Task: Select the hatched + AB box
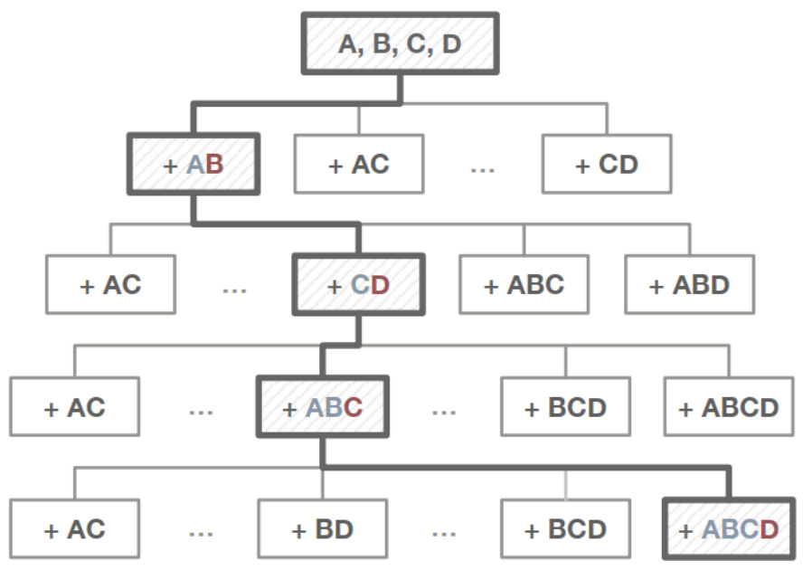[194, 164]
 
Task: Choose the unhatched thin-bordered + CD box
[606, 164]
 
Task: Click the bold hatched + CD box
[357, 284]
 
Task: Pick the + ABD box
[688, 284]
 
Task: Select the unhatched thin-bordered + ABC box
[523, 284]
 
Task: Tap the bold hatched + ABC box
[322, 406]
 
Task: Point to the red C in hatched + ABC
[353, 407]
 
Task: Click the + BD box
[322, 528]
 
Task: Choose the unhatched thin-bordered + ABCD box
[728, 406]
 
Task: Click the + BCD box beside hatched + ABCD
[565, 528]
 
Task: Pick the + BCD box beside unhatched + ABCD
[565, 406]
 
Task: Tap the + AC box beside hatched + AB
[358, 164]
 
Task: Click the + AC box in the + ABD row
[110, 284]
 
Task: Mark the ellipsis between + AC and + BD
[201, 532]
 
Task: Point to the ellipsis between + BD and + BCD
[444, 532]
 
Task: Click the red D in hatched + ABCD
[769, 529]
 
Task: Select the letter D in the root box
[449, 43]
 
